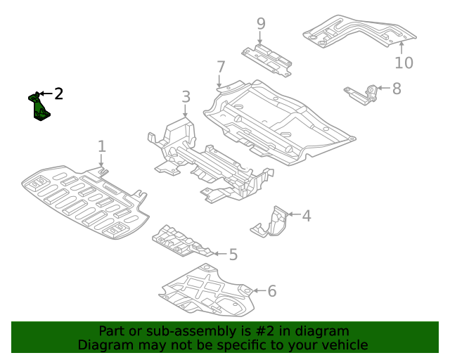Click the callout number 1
point(102,146)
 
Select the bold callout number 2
point(59,94)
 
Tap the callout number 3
point(186,97)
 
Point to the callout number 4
point(306,215)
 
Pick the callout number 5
point(233,255)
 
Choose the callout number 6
point(272,290)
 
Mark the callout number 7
point(221,67)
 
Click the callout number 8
point(397,89)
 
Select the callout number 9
point(261,24)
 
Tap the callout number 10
point(404,63)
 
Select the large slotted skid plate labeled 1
point(84,200)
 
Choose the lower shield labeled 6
point(207,292)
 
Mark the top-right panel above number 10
point(359,32)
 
